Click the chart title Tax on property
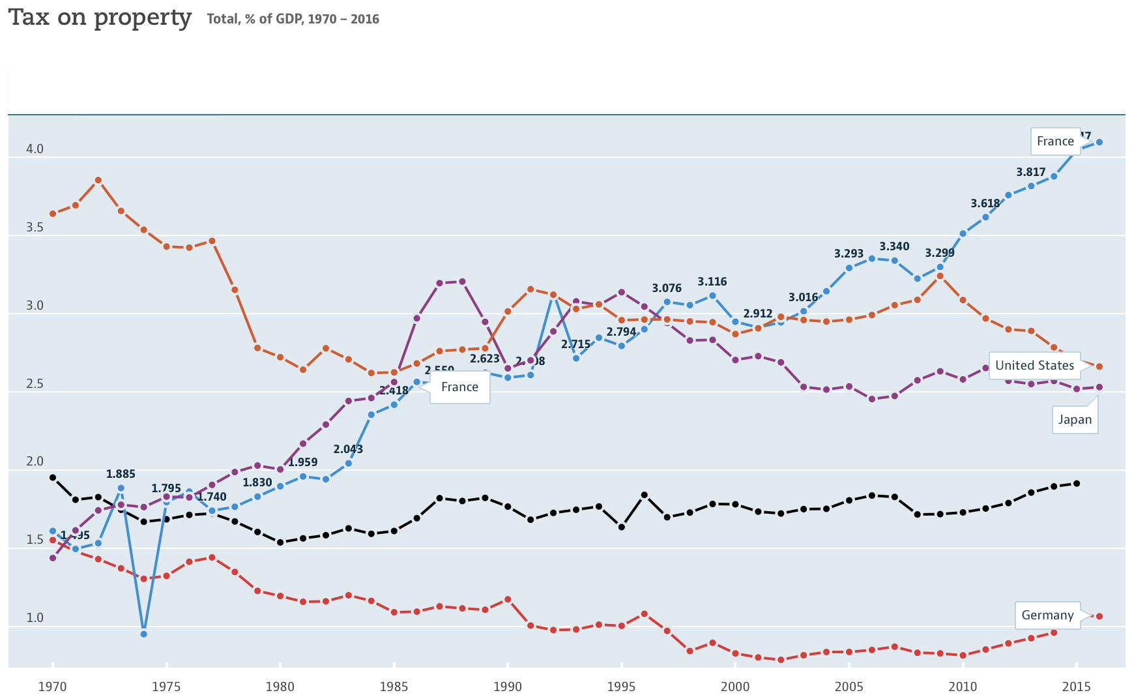[x=100, y=18]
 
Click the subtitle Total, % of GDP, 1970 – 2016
[x=293, y=19]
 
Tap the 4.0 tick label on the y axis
[x=35, y=149]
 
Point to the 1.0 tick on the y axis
[x=35, y=618]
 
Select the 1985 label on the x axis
[x=394, y=687]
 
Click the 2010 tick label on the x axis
[x=963, y=687]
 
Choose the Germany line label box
[x=1047, y=615]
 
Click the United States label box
[x=1034, y=366]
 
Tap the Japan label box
[x=1075, y=420]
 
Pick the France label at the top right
[x=1054, y=141]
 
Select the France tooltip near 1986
[x=459, y=387]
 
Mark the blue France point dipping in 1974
[x=143, y=634]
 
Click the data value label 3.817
[x=1030, y=173]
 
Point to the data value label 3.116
[x=712, y=282]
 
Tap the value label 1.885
[x=121, y=474]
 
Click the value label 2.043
[x=348, y=449]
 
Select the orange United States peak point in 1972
[x=98, y=181]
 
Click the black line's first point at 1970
[x=53, y=478]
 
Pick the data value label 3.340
[x=894, y=246]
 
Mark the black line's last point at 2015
[x=1076, y=484]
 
